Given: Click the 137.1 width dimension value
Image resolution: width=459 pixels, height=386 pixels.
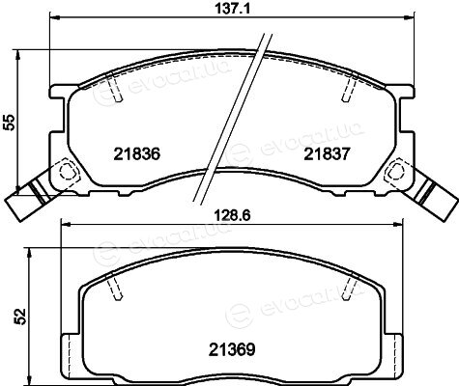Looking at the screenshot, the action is (x=232, y=8).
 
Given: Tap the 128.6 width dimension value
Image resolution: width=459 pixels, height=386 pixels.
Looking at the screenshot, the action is (x=233, y=215).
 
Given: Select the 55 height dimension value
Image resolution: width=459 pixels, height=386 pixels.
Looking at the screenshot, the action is (x=10, y=122).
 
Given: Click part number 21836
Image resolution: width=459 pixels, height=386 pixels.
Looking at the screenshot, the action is (x=136, y=154).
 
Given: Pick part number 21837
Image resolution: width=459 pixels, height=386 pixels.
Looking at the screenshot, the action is (x=327, y=154).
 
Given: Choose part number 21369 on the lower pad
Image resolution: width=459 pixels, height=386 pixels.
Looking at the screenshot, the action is (x=232, y=349).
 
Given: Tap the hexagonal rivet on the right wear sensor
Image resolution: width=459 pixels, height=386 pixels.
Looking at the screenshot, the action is (x=396, y=170).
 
